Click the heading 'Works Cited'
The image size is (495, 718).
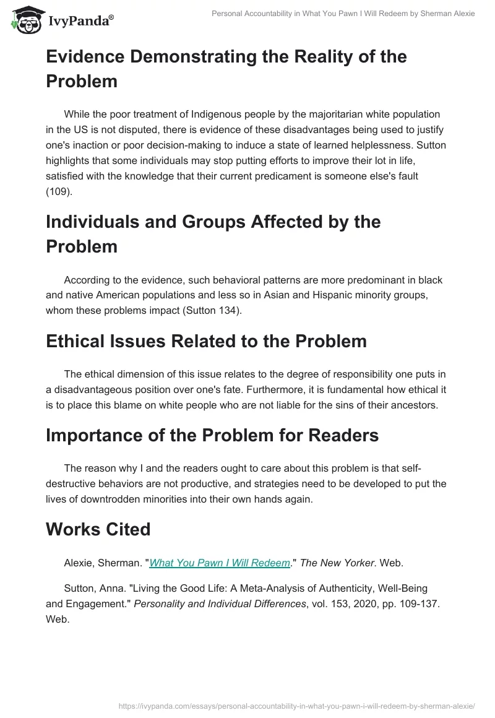click(x=98, y=529)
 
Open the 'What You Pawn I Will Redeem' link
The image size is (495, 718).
click(x=220, y=563)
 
